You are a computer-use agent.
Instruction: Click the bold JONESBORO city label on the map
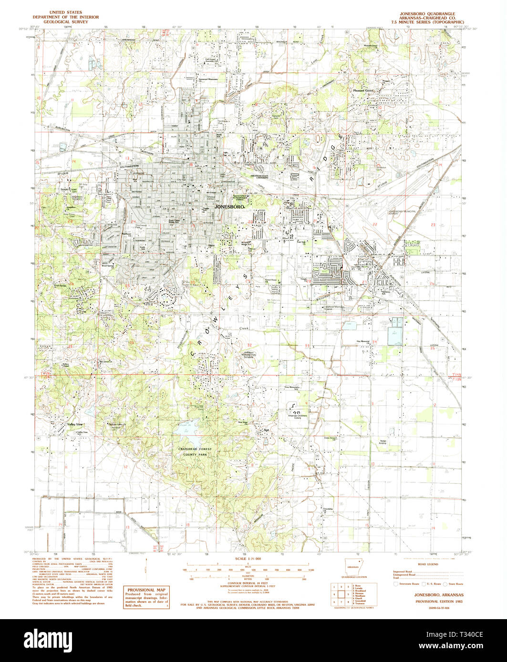[230, 208]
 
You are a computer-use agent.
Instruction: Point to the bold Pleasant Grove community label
[363, 90]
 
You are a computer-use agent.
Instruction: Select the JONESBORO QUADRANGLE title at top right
[427, 14]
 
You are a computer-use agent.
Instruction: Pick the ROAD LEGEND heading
[426, 562]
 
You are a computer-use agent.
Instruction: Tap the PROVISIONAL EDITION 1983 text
[432, 602]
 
